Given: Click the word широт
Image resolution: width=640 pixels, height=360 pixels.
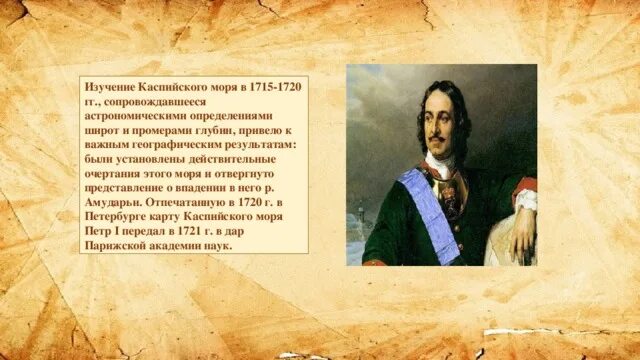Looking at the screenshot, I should point(103,130).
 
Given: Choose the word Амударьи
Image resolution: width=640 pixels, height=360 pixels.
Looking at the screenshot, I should point(116,201).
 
